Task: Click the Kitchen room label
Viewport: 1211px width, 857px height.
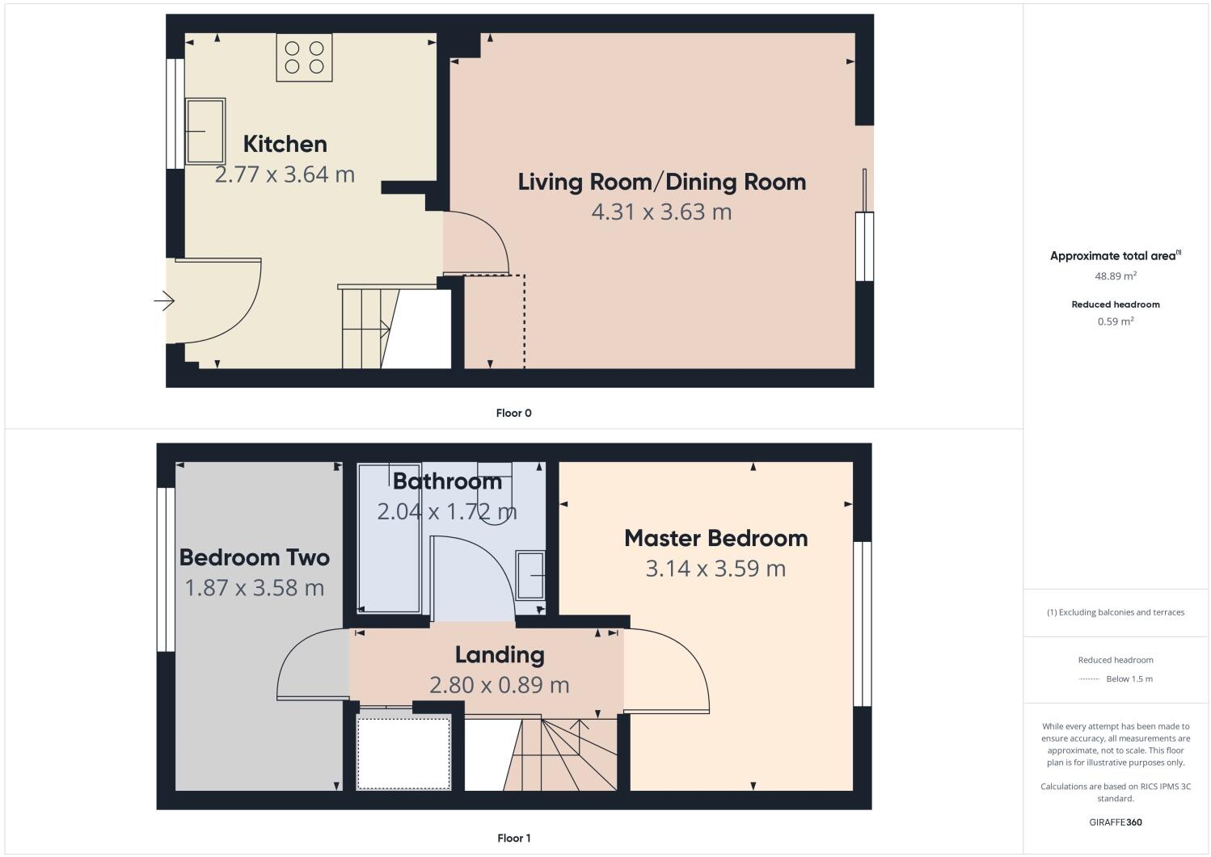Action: tap(285, 144)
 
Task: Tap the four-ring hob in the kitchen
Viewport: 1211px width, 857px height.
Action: tap(304, 57)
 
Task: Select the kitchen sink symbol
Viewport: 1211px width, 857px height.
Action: tap(205, 131)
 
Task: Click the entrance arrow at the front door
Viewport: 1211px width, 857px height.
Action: tap(164, 301)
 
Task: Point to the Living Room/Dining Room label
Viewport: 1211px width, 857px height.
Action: tap(661, 182)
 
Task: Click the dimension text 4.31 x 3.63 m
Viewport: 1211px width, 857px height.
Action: tap(661, 212)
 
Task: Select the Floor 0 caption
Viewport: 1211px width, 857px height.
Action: tap(513, 413)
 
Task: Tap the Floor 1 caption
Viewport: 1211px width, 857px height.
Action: tap(513, 838)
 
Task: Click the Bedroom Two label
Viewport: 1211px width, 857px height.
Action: tap(254, 557)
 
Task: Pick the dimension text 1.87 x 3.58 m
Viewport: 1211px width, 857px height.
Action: tap(254, 588)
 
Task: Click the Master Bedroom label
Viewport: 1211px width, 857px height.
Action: tap(715, 538)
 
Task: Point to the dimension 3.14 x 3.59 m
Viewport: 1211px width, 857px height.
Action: tap(715, 569)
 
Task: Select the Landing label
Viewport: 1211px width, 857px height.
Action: tap(499, 654)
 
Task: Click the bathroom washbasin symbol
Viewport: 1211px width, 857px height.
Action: tap(530, 575)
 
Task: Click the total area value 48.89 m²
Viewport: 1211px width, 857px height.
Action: tap(1116, 275)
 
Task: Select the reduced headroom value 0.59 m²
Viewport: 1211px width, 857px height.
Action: tap(1116, 321)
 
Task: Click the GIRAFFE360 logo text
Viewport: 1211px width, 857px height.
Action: tap(1116, 822)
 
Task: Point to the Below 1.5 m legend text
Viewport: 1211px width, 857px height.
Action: tap(1129, 678)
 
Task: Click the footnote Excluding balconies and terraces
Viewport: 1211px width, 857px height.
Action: tap(1116, 612)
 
